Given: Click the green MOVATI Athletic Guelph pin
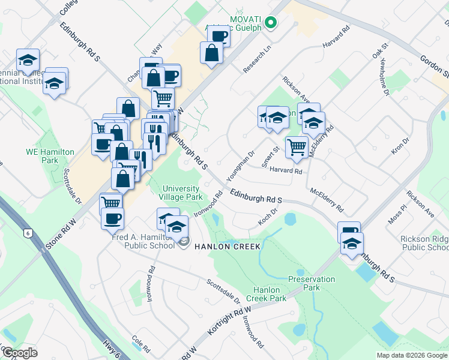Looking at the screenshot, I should (x=271, y=23).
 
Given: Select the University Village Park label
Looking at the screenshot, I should (x=181, y=193).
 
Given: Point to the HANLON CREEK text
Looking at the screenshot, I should (x=226, y=247).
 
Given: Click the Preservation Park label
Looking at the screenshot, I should (x=312, y=283).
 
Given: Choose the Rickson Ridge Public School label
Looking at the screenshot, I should (x=424, y=243).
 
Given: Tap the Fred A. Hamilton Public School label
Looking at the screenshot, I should (x=143, y=241).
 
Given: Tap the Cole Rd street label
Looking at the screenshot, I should (x=142, y=344).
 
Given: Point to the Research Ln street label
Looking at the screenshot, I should (x=258, y=60).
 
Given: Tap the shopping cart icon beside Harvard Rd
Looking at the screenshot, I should (x=297, y=147).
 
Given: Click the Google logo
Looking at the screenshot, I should (x=20, y=353).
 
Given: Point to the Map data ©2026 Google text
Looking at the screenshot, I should (x=412, y=355).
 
